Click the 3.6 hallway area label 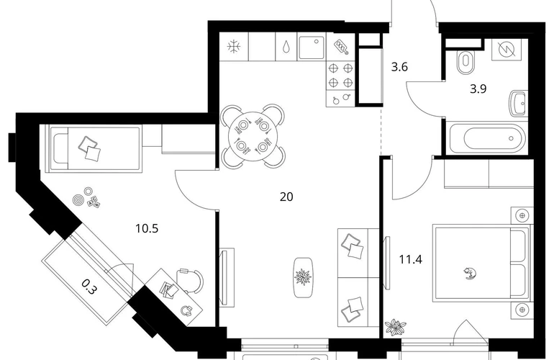point(399,66)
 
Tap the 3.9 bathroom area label point(478,89)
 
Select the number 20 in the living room point(286,197)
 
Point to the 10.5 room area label point(147,228)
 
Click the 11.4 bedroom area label point(411,260)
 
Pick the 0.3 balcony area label point(88,287)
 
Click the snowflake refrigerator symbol point(234,47)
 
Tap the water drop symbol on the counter point(286,47)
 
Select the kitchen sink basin point(311,48)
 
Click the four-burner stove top point(340,75)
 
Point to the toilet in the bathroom point(466,63)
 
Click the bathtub point(487,138)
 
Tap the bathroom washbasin point(518,103)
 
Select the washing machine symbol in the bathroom point(507,49)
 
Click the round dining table point(253,136)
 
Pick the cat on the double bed point(470,274)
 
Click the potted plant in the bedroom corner point(396,327)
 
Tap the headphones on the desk point(186,310)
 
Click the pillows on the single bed point(90,149)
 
